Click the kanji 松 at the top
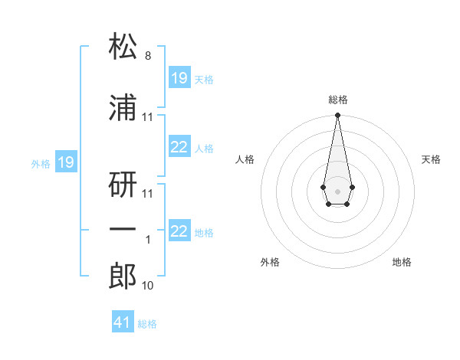[x=123, y=47]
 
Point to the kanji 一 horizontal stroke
[x=123, y=230]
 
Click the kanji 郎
[x=123, y=274]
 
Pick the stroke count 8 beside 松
[x=148, y=57]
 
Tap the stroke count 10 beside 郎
[x=148, y=286]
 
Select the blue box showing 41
[x=123, y=322]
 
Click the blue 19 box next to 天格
[x=179, y=78]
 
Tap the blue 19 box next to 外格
[x=65, y=162]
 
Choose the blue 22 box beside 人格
[x=179, y=148]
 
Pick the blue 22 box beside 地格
[x=179, y=231]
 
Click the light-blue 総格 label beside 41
[x=147, y=324]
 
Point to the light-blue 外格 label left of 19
[x=41, y=163]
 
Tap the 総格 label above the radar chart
[x=337, y=100]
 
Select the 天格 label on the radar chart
[x=432, y=159]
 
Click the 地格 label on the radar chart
[x=402, y=262]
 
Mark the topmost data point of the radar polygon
[x=337, y=116]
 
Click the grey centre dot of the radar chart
[x=337, y=190]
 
